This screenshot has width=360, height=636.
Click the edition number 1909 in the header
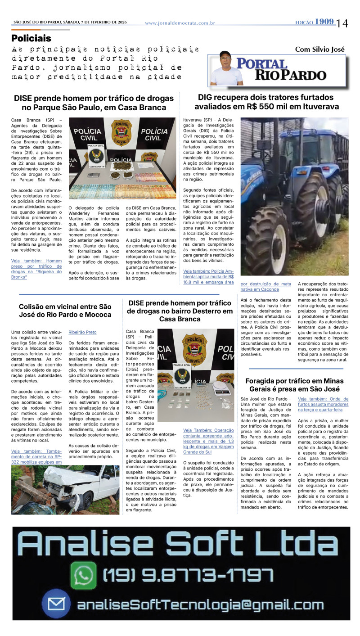point(324,22)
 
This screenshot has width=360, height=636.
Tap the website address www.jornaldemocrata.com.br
point(180,23)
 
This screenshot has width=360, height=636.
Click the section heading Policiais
point(31,38)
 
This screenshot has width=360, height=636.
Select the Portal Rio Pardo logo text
point(282,69)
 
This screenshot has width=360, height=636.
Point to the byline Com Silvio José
point(319,49)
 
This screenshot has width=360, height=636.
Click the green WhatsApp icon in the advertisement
point(85,575)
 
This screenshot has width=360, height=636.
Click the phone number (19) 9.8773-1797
point(188,575)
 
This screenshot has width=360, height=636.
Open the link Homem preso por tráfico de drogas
point(36,268)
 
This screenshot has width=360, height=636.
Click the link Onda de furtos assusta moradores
point(323,404)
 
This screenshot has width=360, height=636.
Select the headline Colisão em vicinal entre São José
point(65,310)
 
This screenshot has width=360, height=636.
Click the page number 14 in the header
point(342,23)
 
